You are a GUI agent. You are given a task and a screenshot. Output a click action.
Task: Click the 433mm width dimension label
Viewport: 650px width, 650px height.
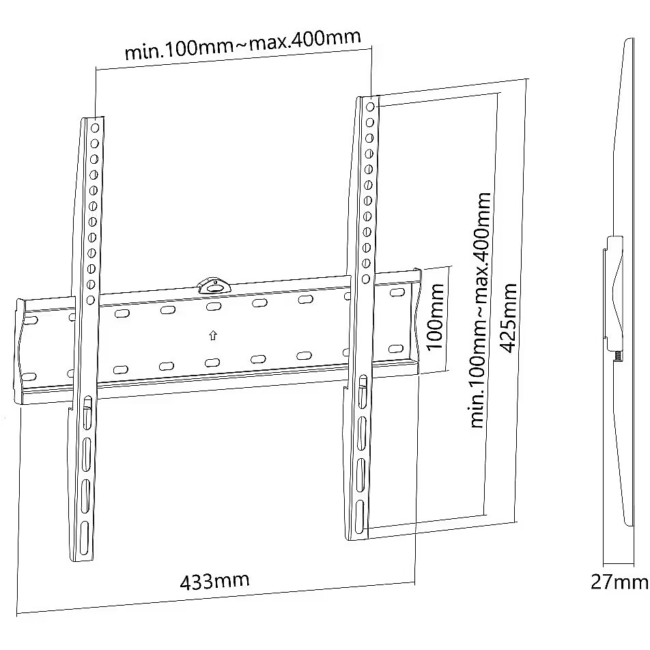[214, 581]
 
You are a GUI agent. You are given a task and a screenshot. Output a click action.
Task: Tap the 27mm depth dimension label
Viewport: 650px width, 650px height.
[619, 582]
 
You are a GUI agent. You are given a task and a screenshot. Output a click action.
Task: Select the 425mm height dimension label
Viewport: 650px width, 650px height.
[509, 318]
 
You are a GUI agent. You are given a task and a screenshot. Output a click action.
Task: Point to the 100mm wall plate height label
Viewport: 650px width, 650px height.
[435, 317]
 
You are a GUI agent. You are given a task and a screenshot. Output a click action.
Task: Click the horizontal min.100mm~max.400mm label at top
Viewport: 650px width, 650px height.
[243, 45]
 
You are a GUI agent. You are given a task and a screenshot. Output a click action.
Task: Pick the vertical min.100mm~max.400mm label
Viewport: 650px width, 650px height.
[481, 310]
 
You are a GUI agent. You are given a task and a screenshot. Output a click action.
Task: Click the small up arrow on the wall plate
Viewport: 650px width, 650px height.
[213, 335]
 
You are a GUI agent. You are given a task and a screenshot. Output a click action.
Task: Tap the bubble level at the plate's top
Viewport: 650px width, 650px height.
[214, 285]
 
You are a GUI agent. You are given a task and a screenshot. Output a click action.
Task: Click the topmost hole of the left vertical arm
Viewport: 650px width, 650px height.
[95, 128]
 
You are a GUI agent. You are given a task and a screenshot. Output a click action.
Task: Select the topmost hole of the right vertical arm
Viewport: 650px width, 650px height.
[370, 107]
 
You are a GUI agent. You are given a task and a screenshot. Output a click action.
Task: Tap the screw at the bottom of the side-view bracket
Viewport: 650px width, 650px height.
[619, 356]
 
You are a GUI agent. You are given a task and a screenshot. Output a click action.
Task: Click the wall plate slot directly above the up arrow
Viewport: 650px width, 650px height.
[214, 307]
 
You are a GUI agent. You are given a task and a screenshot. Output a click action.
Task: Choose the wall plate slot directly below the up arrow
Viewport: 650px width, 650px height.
[212, 363]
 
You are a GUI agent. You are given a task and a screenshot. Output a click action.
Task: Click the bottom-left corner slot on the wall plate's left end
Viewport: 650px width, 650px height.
[29, 378]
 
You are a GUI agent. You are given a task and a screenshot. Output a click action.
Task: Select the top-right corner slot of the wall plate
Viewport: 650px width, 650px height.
[397, 292]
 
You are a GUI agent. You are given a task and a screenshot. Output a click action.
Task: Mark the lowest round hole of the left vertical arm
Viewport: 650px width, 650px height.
[90, 300]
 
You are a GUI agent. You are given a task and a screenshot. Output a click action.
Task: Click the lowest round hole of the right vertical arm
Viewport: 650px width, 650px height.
[366, 279]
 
